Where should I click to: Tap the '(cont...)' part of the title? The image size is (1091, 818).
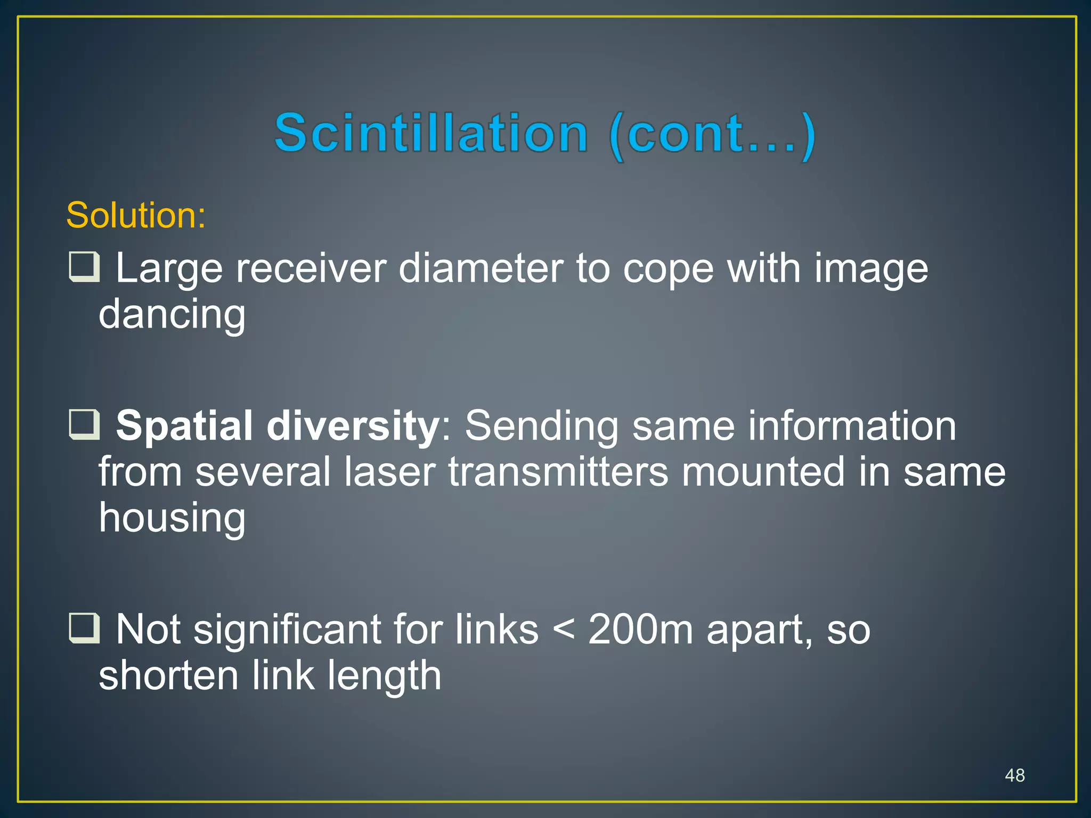[x=712, y=134]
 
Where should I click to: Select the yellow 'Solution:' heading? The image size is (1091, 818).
[x=136, y=216]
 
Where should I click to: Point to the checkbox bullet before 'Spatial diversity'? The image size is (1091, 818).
[x=84, y=425]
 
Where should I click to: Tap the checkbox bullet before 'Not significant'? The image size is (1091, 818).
[x=84, y=629]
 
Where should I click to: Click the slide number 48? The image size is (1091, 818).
[x=1014, y=775]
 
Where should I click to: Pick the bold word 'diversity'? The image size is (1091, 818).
[x=352, y=426]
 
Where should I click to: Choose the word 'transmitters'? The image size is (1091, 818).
[x=558, y=472]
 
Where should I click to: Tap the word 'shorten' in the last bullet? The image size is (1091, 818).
[x=168, y=675]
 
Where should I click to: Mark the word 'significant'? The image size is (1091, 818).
[x=287, y=629]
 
